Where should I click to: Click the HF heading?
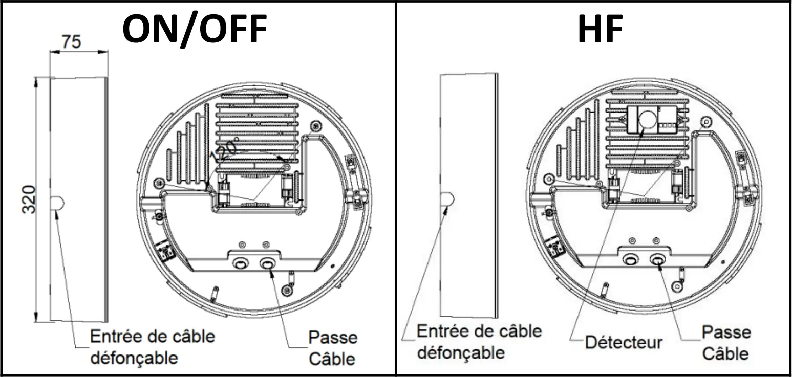click(600, 30)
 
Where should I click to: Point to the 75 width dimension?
click(71, 41)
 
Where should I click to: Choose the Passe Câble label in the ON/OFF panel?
click(333, 348)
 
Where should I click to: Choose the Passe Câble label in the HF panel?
click(726, 343)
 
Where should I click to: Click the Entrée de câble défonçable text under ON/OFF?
click(152, 347)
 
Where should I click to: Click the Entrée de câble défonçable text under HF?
click(479, 342)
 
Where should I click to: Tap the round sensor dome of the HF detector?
click(647, 120)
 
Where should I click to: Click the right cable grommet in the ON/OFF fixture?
click(268, 264)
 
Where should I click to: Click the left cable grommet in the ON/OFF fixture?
click(240, 264)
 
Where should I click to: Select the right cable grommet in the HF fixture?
click(658, 260)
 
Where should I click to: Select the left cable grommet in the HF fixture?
click(630, 260)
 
